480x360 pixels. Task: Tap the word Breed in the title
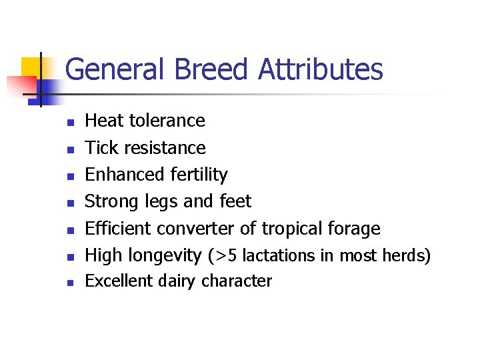coord(203,69)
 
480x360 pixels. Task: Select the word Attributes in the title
coord(321,69)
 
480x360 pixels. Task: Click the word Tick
coord(101,147)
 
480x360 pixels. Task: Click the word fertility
coord(198,175)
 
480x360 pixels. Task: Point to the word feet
coord(235,201)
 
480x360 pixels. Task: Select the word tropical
coord(291,229)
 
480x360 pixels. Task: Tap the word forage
coord(354,229)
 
